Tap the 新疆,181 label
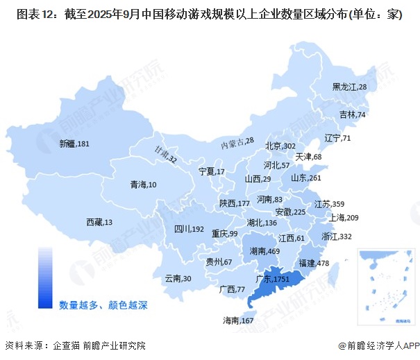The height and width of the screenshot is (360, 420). click(x=74, y=144)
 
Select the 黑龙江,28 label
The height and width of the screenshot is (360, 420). click(x=349, y=87)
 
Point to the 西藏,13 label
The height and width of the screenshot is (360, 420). click(x=99, y=222)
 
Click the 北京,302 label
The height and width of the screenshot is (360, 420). click(x=280, y=146)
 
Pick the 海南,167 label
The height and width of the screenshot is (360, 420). click(x=237, y=320)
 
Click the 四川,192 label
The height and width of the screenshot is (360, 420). click(x=188, y=228)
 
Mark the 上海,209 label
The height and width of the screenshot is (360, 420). click(x=342, y=217)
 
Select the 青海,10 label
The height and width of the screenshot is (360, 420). click(x=144, y=185)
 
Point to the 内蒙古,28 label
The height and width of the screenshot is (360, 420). click(x=237, y=143)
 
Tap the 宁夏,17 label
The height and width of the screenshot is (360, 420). click(x=211, y=171)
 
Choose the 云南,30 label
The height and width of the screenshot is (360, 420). click(x=178, y=278)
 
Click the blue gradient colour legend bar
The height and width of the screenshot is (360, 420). click(x=45, y=277)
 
